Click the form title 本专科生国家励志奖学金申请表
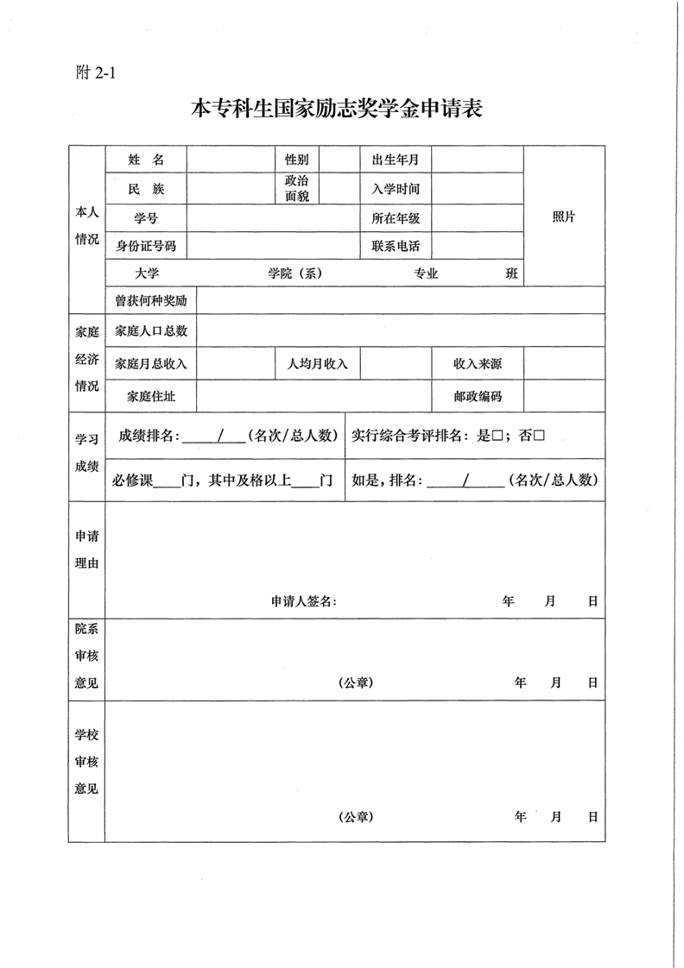(x=336, y=110)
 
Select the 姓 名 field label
(x=145, y=160)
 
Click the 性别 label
(x=296, y=160)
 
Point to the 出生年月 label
(x=395, y=160)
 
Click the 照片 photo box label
(x=563, y=217)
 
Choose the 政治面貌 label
(x=296, y=189)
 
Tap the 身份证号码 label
(x=145, y=246)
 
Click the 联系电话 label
(x=395, y=246)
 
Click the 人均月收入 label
(x=317, y=363)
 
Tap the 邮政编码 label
(x=477, y=396)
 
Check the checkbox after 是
(x=497, y=437)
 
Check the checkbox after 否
(x=539, y=437)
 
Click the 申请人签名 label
(x=303, y=601)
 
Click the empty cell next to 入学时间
(x=477, y=189)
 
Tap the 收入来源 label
(x=477, y=363)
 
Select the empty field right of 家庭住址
(x=313, y=396)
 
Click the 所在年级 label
(x=395, y=218)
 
